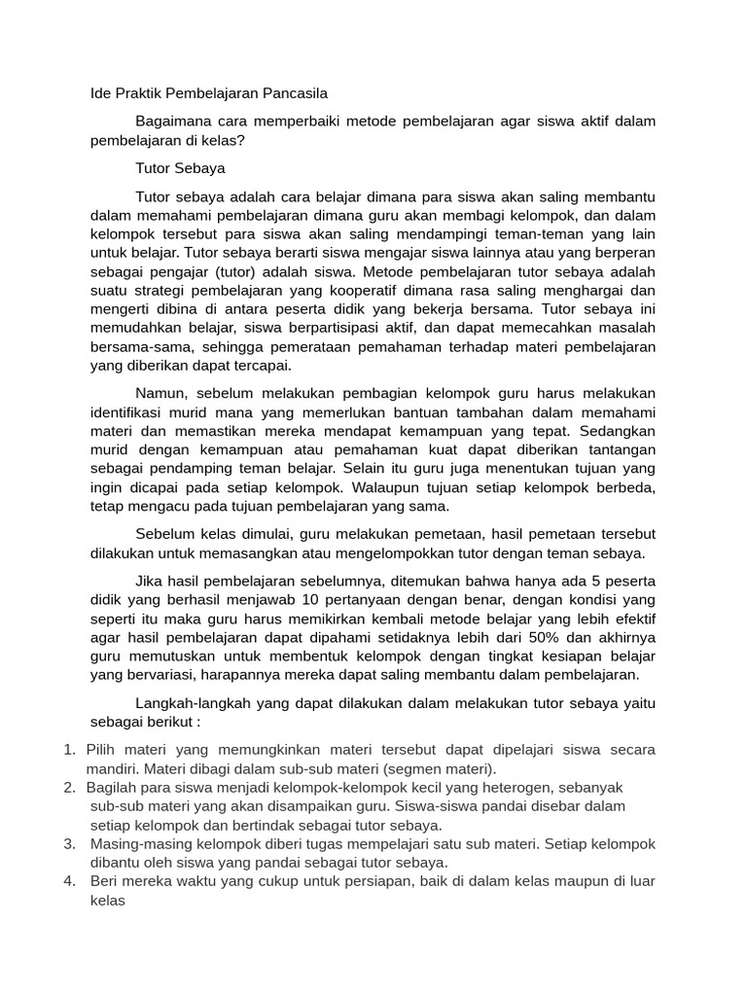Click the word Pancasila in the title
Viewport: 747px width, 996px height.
(x=290, y=94)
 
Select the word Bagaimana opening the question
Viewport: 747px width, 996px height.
(x=176, y=121)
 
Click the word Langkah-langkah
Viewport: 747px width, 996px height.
(x=194, y=702)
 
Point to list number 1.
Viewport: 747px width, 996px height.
(x=69, y=750)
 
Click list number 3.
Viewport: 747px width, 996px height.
(x=70, y=843)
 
